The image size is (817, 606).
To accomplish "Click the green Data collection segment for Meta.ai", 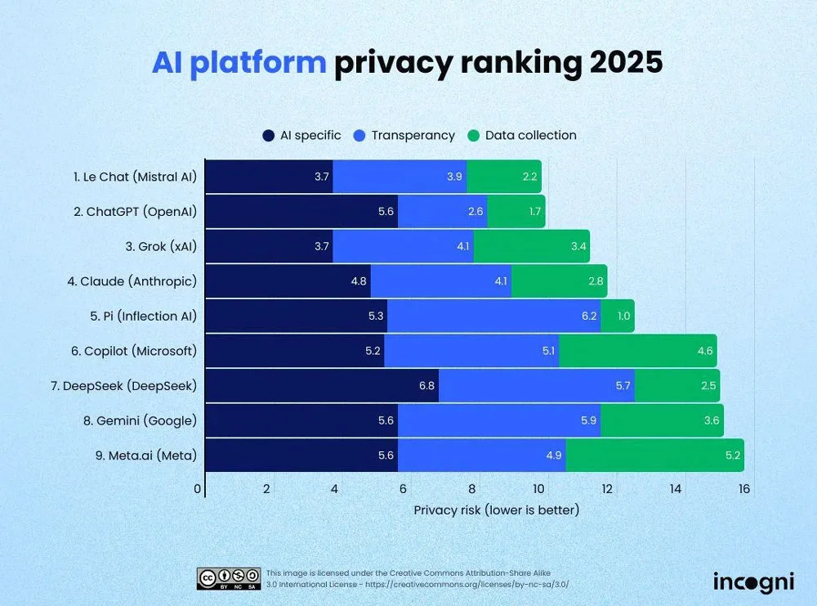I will click(x=654, y=455).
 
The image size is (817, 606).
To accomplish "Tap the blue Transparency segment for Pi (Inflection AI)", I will click(x=493, y=316).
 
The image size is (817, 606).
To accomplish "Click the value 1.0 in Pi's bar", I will click(x=623, y=316).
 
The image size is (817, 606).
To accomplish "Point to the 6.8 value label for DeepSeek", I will click(x=426, y=385).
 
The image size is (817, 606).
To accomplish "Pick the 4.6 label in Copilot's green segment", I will click(x=705, y=351).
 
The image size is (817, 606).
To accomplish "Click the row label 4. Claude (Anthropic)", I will click(x=133, y=281).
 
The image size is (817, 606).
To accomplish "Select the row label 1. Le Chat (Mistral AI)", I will click(x=135, y=177).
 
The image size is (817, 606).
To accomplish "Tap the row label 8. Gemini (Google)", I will click(x=135, y=420).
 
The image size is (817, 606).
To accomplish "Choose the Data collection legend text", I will click(x=530, y=136).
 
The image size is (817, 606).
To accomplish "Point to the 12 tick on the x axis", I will click(x=607, y=489).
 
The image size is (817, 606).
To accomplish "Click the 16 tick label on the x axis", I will click(x=743, y=489).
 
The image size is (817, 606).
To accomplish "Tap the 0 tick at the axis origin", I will click(x=198, y=489).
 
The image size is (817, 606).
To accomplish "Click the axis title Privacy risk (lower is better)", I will click(x=496, y=510).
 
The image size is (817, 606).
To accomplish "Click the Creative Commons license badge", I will click(x=229, y=578).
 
